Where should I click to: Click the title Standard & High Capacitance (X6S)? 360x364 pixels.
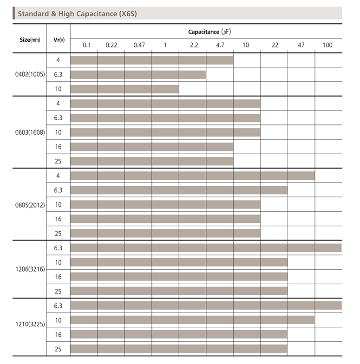(x=77, y=13)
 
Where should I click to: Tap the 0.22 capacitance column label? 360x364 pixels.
(x=111, y=45)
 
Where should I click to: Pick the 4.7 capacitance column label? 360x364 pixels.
(x=220, y=45)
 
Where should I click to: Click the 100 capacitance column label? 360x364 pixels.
(x=327, y=45)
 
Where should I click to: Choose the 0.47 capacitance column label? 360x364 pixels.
(x=138, y=45)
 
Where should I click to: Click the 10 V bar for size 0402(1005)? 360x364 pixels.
(x=124, y=89)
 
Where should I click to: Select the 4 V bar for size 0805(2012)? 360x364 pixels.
(x=192, y=175)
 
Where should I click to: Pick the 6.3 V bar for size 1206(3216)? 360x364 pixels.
(x=206, y=247)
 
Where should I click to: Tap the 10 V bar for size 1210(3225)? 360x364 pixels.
(x=192, y=320)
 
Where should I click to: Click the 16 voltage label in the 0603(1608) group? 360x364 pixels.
(x=58, y=147)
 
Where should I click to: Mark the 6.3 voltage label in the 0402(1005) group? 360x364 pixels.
(x=58, y=74)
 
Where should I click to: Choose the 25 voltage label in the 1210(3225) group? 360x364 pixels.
(x=58, y=349)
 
